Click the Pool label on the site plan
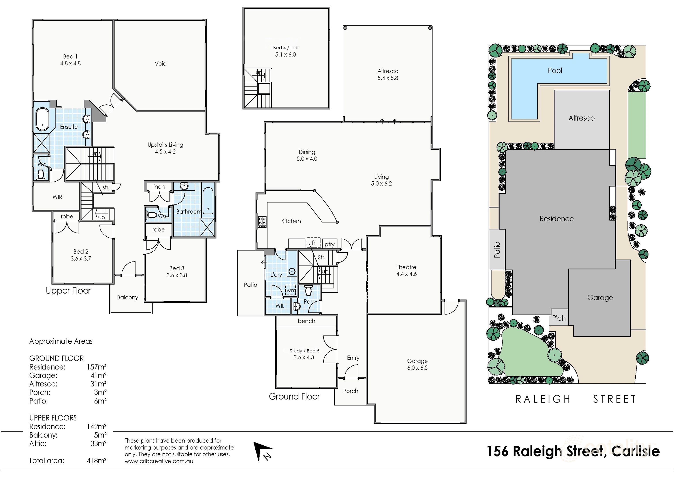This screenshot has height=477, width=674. click(x=555, y=70)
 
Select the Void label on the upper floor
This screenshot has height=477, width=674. click(x=161, y=63)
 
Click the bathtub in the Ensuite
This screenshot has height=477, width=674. click(x=43, y=119)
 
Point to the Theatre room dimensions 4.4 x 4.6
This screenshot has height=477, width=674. click(x=406, y=274)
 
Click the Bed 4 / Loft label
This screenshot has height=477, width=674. click(x=286, y=47)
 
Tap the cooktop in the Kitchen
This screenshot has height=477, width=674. click(x=262, y=222)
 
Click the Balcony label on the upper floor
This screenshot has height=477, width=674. click(x=127, y=297)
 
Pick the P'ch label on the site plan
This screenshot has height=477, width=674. click(x=559, y=318)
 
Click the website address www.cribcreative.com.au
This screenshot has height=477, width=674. click(x=159, y=461)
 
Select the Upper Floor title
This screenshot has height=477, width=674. click(x=68, y=291)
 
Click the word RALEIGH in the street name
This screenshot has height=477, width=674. click(x=543, y=399)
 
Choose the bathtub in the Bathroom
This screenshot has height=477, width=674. click(x=208, y=201)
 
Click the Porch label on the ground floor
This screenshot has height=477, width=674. click(x=350, y=391)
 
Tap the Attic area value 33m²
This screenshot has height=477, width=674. click(x=98, y=443)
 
